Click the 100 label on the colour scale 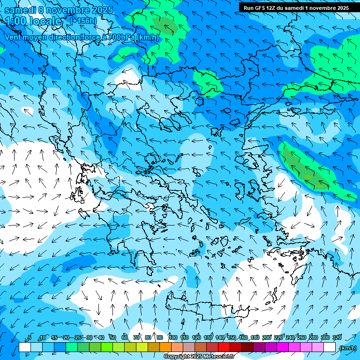pyautogui.click(x=172, y=338)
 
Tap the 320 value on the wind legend pyautogui.click(x=337, y=338)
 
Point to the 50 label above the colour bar pyautogui.click(x=113, y=338)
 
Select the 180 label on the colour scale pyautogui.click(x=255, y=338)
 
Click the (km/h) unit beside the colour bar pyautogui.click(x=348, y=348)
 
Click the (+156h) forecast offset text pyautogui.click(x=83, y=21)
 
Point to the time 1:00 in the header pyautogui.click(x=16, y=21)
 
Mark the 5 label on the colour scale pyautogui.click(x=30, y=338)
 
